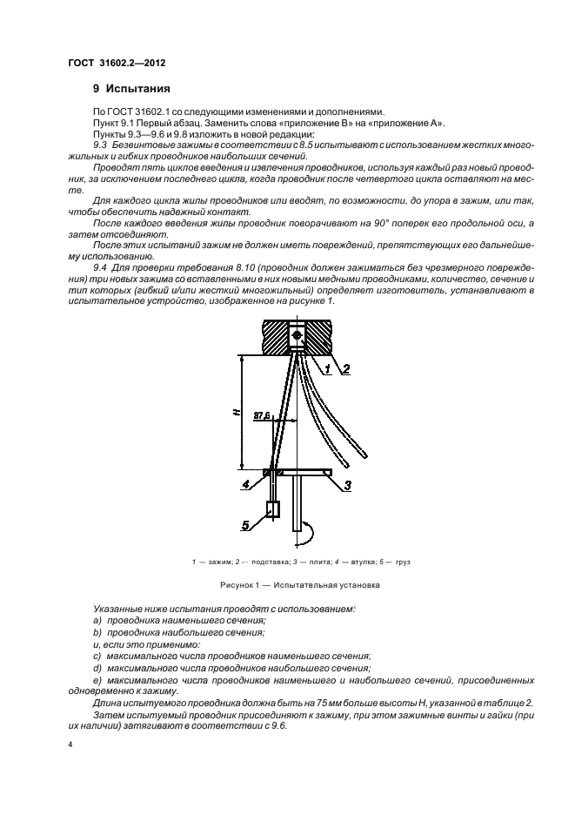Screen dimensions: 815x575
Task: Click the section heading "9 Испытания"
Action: pos(131,89)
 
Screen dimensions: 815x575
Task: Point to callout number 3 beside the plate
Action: pos(346,485)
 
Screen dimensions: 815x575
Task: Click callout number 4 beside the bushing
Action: pos(246,483)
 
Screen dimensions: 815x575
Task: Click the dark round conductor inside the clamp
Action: pos(297,335)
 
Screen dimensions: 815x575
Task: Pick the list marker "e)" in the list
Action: pos(97,678)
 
